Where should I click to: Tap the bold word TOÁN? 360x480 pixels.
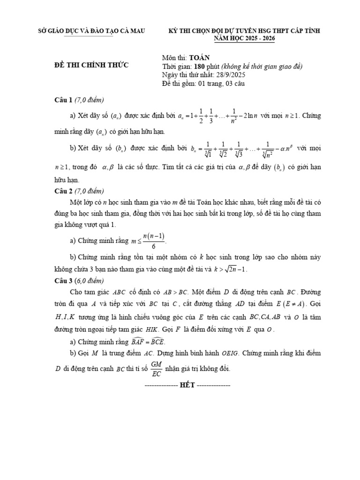click(198, 58)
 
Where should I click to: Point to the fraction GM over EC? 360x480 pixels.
click(157, 369)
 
